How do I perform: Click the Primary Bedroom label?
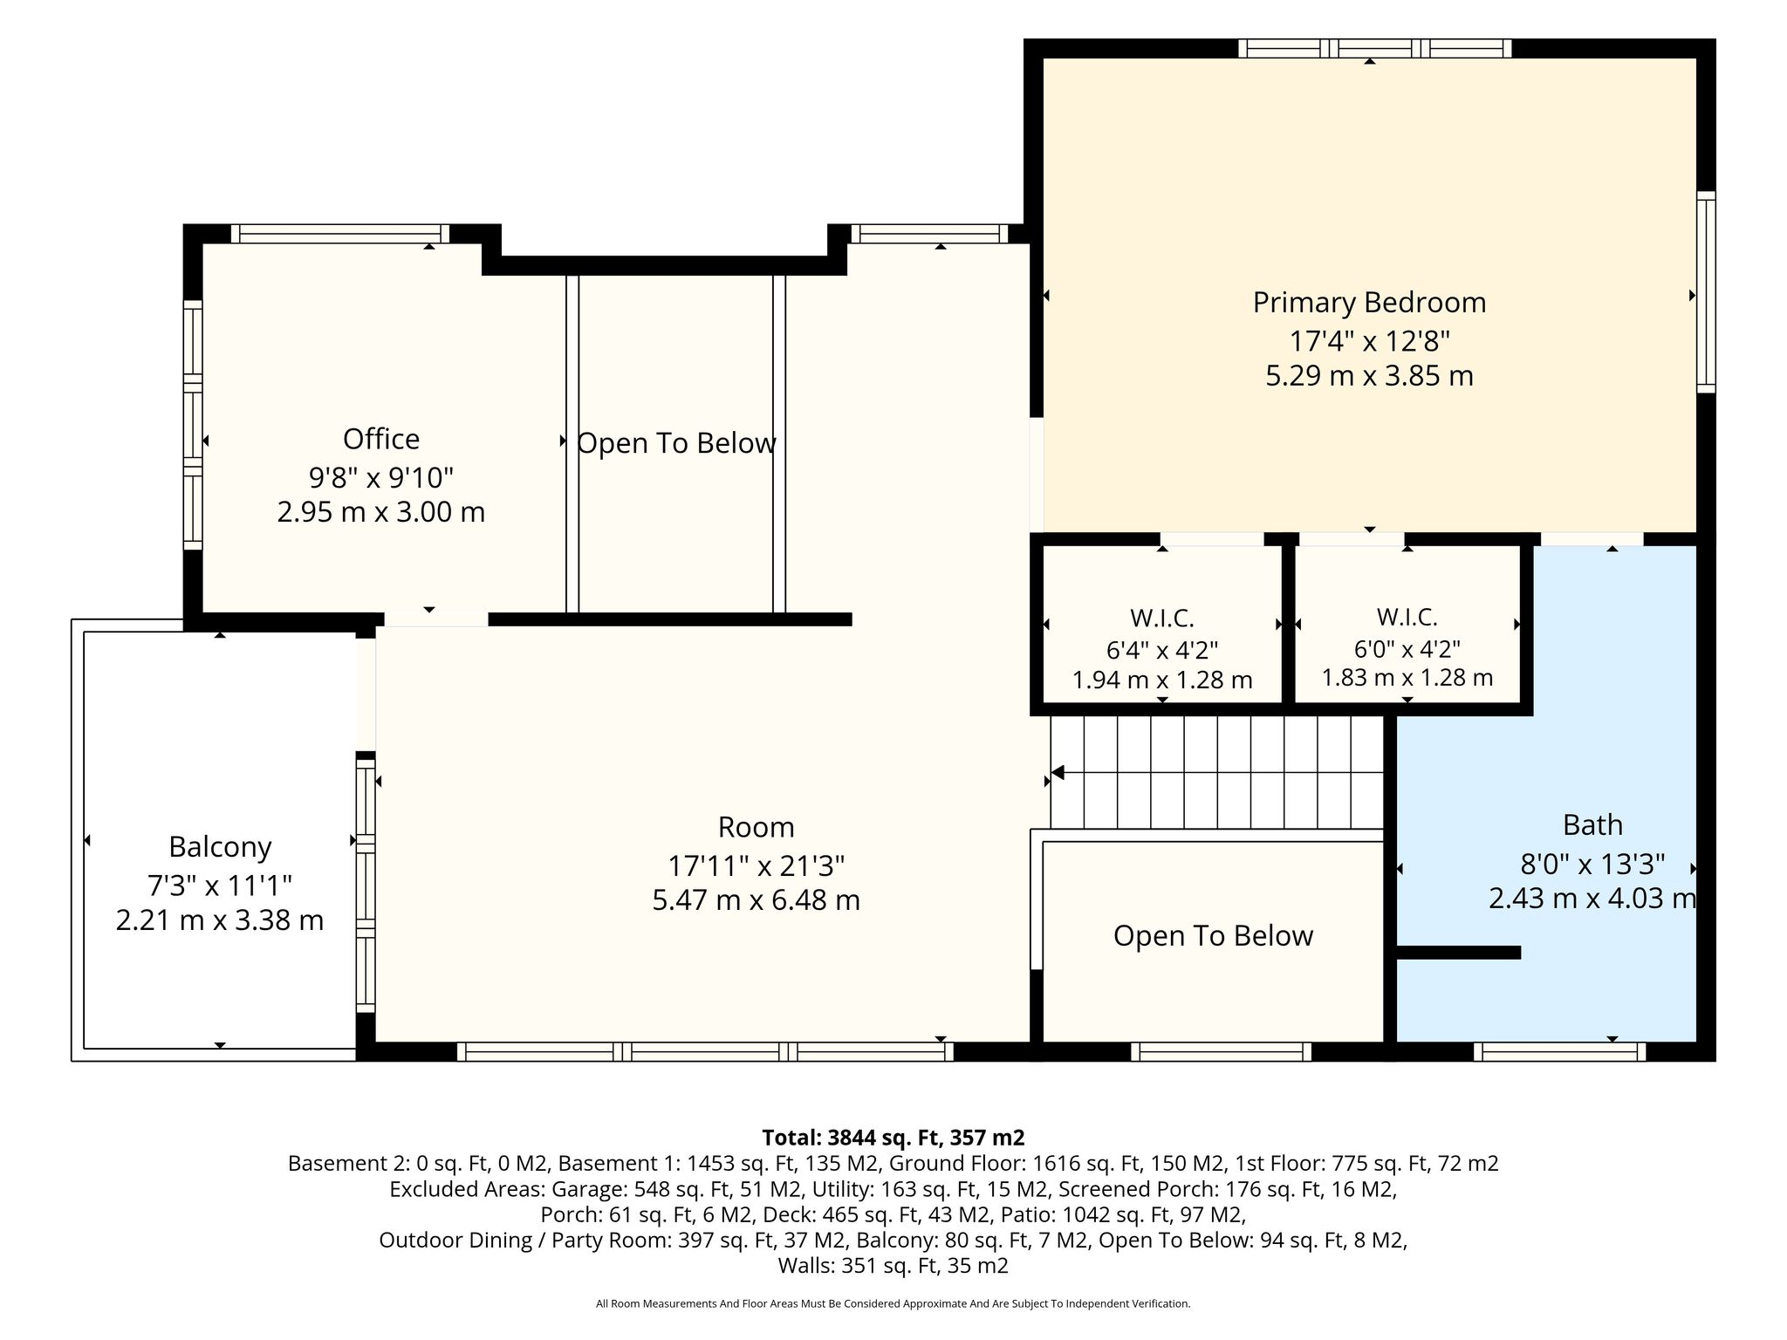[x=1369, y=303]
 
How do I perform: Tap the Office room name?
[x=381, y=439]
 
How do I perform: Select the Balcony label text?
[x=220, y=847]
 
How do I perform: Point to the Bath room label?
[x=1592, y=824]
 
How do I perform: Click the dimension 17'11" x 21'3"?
[x=757, y=865]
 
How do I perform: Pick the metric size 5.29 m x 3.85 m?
[x=1369, y=376]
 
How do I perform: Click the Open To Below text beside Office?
[x=677, y=443]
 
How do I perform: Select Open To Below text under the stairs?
[x=1213, y=936]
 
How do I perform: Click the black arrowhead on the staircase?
[x=1058, y=772]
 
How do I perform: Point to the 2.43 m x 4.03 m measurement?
[x=1592, y=898]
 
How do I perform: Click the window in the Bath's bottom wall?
[x=1560, y=1052]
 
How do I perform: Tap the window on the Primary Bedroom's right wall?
[x=1706, y=292]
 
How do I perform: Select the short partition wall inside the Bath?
[x=1459, y=953]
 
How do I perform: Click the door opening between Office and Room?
[x=436, y=619]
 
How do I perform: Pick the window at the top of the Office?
[x=340, y=234]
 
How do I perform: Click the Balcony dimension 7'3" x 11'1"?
[x=220, y=885]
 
